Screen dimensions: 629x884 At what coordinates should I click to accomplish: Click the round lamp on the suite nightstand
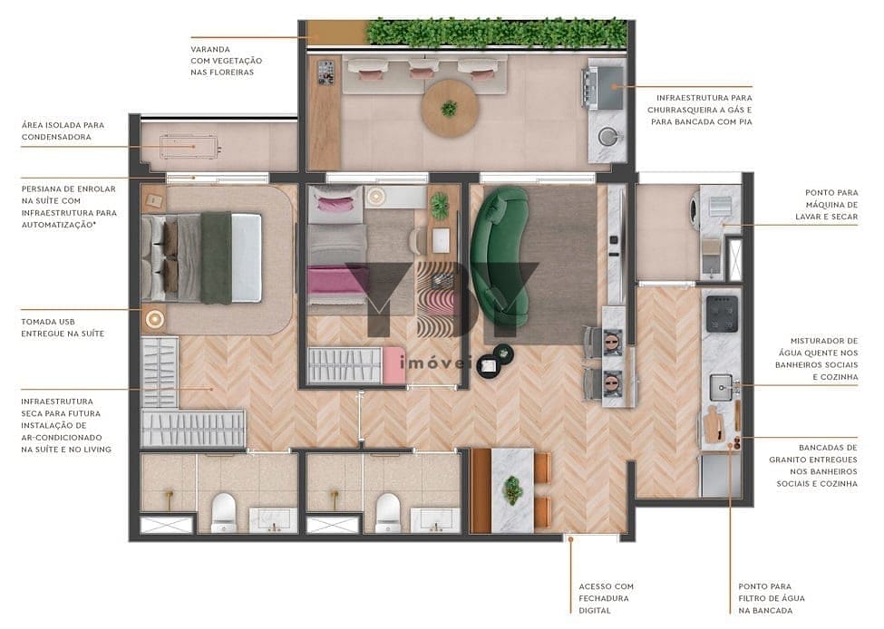pyautogui.click(x=154, y=318)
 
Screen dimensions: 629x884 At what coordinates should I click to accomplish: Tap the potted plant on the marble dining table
pyautogui.click(x=512, y=489)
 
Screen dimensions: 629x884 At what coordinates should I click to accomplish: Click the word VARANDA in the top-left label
pyautogui.click(x=210, y=49)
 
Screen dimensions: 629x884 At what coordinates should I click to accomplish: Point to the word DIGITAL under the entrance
pyautogui.click(x=595, y=610)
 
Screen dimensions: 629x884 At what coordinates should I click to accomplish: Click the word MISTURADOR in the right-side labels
pyautogui.click(x=821, y=341)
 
